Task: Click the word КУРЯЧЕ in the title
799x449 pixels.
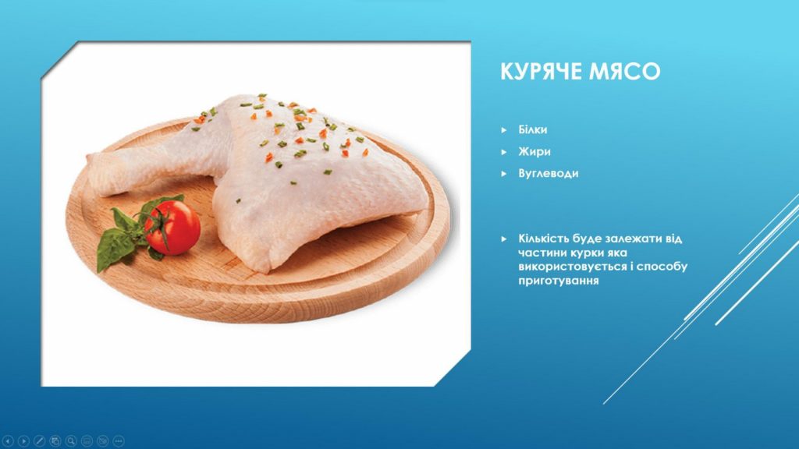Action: pyautogui.click(x=542, y=71)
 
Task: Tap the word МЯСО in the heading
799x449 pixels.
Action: pyautogui.click(x=625, y=71)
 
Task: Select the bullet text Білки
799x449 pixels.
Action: pyautogui.click(x=532, y=130)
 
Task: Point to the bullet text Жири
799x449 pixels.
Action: pyautogui.click(x=534, y=152)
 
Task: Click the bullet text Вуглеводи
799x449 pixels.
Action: pyautogui.click(x=549, y=174)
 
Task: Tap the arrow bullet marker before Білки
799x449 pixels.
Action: pyautogui.click(x=504, y=130)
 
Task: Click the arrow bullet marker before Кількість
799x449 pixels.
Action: pyautogui.click(x=504, y=239)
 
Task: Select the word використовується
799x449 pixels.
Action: pyautogui.click(x=572, y=267)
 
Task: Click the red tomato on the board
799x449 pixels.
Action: pyautogui.click(x=174, y=227)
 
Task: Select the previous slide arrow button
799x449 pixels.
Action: pyautogui.click(x=8, y=441)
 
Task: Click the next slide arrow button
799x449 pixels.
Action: pyautogui.click(x=23, y=441)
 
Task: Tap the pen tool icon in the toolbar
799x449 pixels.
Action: pyautogui.click(x=39, y=441)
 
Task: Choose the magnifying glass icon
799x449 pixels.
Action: pyautogui.click(x=71, y=441)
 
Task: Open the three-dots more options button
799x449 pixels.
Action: pyautogui.click(x=119, y=441)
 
